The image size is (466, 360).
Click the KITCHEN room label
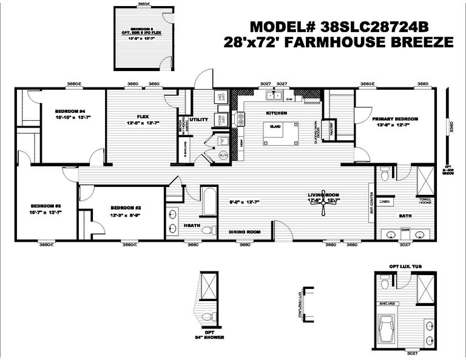click(x=276, y=114)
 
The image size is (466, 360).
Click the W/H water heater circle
click(x=222, y=155)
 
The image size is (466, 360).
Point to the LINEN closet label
click(x=384, y=202)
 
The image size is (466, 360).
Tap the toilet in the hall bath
click(x=208, y=229)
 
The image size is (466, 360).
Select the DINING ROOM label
click(x=245, y=232)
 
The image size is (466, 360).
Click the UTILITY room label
click(x=198, y=120)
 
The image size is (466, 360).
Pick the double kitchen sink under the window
click(x=271, y=95)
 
